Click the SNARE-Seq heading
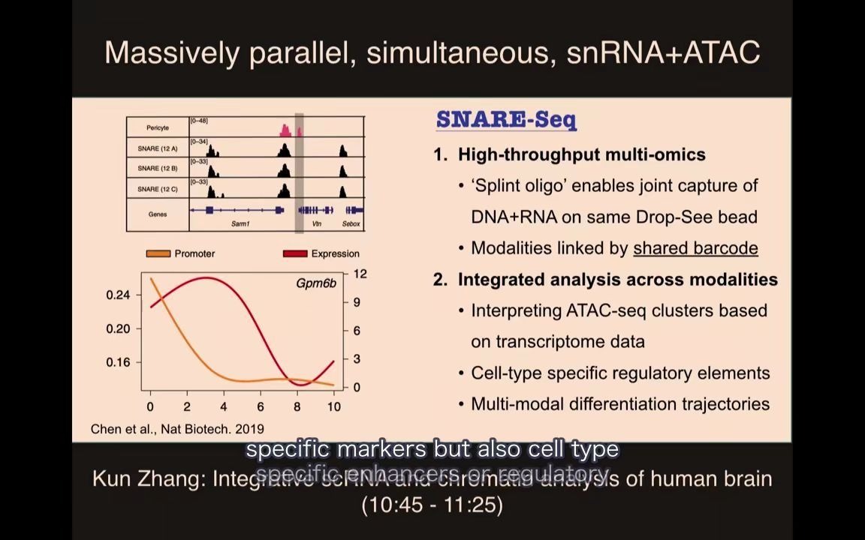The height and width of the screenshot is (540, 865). pos(506,120)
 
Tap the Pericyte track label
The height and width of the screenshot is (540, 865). pos(158,128)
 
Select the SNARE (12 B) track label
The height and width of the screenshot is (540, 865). pos(158,169)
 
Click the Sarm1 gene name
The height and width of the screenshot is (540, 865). pos(240,223)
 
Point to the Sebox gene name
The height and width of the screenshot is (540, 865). pos(351,223)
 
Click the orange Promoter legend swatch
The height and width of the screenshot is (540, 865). pos(158,253)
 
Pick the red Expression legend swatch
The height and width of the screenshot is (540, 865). pos(295,253)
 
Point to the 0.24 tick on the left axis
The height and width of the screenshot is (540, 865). pos(118,295)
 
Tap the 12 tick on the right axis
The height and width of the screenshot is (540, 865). pos(360,274)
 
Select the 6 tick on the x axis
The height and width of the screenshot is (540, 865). pos(261,406)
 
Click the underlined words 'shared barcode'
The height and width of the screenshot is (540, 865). pos(695,248)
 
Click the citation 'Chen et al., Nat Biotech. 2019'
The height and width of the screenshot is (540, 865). pos(177,429)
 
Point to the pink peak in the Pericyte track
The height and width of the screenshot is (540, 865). pos(286,130)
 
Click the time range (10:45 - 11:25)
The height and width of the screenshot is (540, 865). pos(432,504)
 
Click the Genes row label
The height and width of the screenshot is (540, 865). pos(158,214)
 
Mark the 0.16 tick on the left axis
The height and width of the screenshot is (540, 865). pos(118,362)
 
